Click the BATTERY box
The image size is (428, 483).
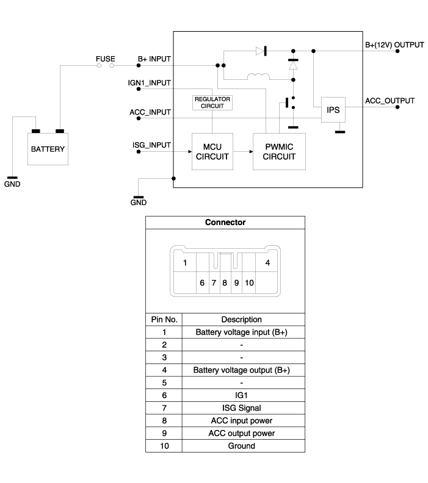tap(48, 149)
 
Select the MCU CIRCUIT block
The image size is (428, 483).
tap(212, 152)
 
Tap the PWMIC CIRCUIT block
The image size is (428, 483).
tap(279, 152)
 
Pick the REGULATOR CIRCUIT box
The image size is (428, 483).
tap(212, 102)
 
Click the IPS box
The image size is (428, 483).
tap(333, 110)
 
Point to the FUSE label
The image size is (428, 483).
tap(106, 59)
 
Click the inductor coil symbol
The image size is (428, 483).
tap(258, 76)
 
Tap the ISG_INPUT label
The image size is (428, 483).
tap(151, 145)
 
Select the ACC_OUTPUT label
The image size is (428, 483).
tap(390, 101)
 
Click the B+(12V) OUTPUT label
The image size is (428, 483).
tap(394, 45)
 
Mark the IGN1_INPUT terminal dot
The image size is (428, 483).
tap(139, 89)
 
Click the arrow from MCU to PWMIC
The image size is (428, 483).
tap(243, 152)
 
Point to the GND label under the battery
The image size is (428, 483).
tap(12, 184)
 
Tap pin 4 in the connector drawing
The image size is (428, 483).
tap(267, 263)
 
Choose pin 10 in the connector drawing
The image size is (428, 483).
tap(249, 283)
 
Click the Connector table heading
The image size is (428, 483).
tap(225, 223)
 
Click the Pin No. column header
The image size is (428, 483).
tap(164, 320)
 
